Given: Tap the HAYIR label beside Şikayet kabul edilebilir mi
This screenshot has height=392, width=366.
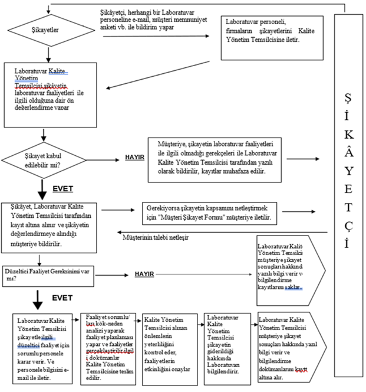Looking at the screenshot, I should pyautogui.click(x=135, y=159).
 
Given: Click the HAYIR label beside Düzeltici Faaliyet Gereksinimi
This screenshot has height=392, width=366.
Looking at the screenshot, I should pyautogui.click(x=144, y=274).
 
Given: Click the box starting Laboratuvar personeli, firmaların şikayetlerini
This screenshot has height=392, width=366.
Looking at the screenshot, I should pyautogui.click(x=272, y=36).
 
